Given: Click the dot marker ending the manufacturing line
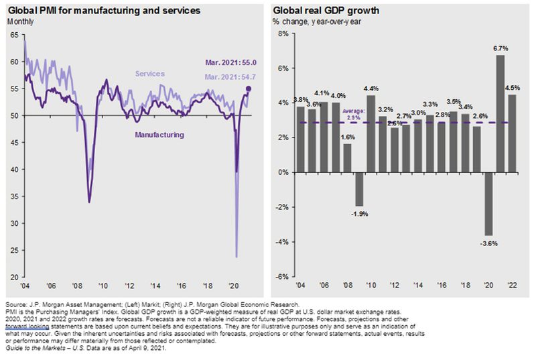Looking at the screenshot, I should pyautogui.click(x=249, y=88).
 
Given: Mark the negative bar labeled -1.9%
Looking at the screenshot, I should pyautogui.click(x=358, y=189).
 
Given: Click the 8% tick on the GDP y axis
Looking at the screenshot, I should pyautogui.click(x=283, y=34).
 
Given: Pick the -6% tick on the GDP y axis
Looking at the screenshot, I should pyautogui.click(x=281, y=277).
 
